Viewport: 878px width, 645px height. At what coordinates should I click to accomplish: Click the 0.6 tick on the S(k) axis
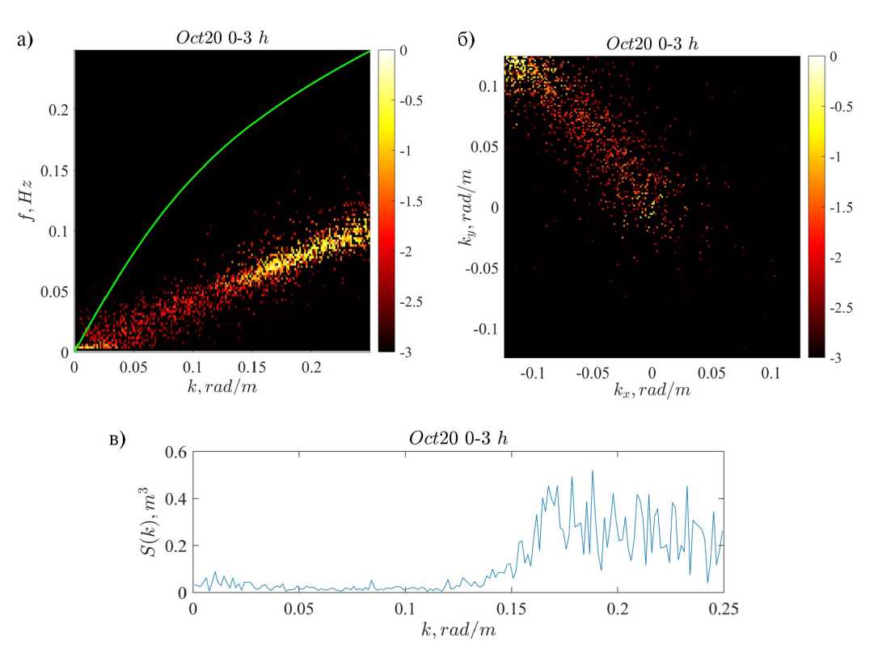click(175, 452)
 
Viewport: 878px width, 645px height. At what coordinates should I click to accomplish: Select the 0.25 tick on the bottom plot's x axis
click(723, 606)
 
